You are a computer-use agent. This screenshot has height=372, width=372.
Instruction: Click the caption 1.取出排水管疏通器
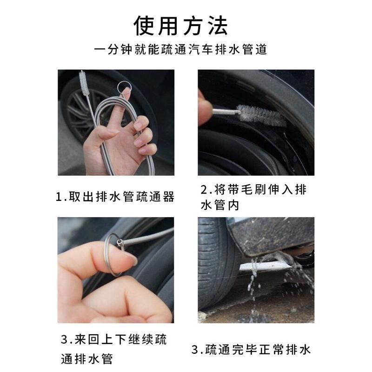(x=115, y=197)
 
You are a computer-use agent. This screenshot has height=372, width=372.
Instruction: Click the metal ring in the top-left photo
(x=124, y=86)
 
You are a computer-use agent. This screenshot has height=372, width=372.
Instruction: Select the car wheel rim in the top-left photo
(x=77, y=112)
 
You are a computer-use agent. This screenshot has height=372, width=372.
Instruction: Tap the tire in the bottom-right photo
(x=216, y=265)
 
